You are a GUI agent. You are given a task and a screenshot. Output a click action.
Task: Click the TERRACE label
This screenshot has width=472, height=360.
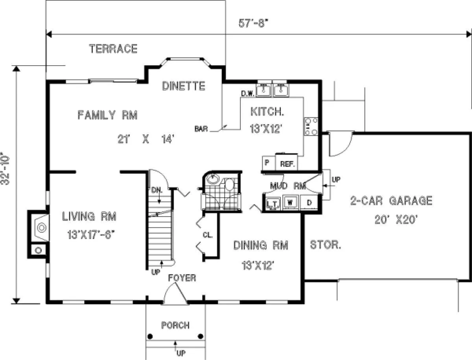pos(113,49)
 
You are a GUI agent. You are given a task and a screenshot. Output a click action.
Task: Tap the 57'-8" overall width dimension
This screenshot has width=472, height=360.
pos(254,23)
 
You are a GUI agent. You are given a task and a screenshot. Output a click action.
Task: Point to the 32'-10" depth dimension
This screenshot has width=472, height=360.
pos(5,168)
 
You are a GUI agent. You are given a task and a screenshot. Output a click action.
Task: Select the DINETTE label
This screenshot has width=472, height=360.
pos(183,86)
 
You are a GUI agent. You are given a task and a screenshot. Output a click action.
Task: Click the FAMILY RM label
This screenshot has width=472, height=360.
pos(107,115)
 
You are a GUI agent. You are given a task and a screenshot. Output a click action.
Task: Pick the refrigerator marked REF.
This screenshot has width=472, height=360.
pos(287,162)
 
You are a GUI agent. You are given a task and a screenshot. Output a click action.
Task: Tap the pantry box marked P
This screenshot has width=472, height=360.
pos(269,163)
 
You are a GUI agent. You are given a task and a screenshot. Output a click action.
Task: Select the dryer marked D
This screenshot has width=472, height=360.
pos(309,202)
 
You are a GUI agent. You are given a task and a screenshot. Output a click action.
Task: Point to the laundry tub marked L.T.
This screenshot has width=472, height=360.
pos(273,203)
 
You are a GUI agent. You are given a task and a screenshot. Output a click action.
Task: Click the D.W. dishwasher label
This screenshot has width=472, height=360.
pos(248,93)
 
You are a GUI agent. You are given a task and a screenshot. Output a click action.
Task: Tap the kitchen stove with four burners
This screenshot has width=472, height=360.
pos(311,126)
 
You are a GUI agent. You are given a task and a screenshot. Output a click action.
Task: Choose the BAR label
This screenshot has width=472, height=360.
pos(201,129)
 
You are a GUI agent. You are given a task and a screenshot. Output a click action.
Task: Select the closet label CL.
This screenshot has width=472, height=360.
pos(208,235)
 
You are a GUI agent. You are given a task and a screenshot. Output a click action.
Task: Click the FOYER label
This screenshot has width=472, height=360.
pos(182,278)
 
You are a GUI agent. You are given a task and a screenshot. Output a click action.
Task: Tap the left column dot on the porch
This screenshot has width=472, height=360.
pos(150,336)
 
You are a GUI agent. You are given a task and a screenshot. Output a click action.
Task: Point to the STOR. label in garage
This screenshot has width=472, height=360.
pos(326,245)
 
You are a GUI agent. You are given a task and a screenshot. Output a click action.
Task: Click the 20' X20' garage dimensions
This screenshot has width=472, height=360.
pos(396,220)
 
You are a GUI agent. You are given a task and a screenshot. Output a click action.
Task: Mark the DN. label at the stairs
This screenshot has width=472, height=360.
pos(157,190)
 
